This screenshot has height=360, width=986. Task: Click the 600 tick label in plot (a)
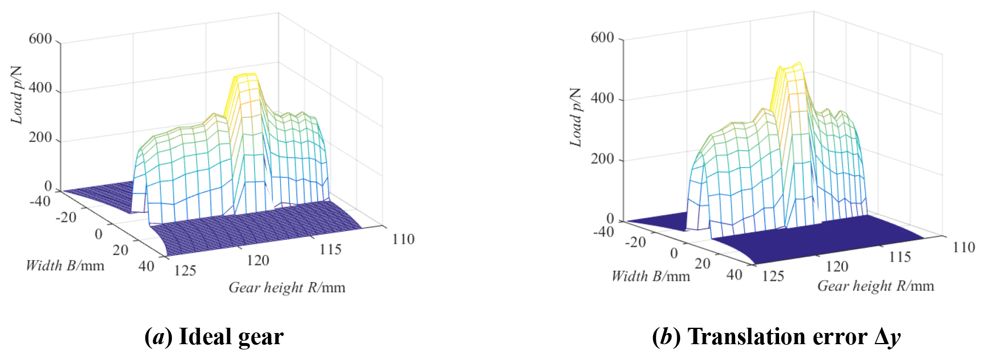40,39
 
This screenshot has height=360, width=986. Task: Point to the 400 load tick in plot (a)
40,89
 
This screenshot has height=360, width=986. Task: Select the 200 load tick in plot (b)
602,159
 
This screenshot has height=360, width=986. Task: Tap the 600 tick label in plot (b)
602,38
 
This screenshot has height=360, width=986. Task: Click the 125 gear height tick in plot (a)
185,271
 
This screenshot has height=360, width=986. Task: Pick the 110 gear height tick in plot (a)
403,239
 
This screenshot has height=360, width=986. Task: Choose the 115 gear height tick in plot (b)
900,257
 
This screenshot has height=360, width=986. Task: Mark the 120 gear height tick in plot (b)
837,267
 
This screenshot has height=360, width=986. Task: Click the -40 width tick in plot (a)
40,202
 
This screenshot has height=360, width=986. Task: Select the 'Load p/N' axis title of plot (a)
16,95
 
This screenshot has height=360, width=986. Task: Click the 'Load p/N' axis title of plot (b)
576,118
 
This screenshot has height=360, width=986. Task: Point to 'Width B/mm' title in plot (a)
65,266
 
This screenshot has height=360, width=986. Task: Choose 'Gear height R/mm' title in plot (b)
876,286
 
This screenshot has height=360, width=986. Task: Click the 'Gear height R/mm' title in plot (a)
287,288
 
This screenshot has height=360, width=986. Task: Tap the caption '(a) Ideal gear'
214,337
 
